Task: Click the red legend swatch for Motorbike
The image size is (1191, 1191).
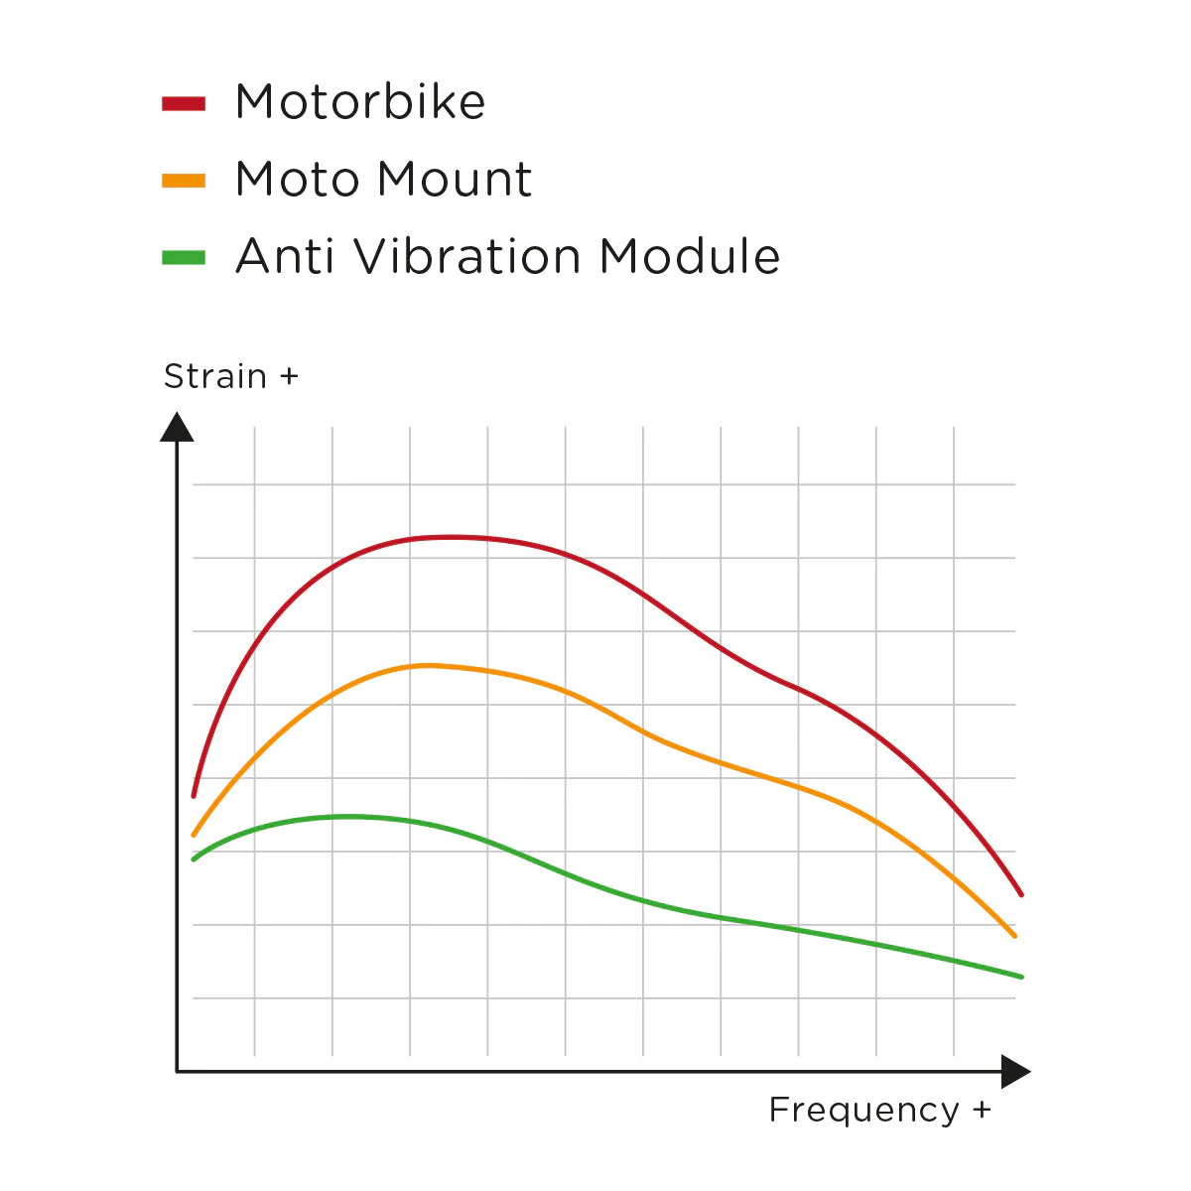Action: (x=184, y=103)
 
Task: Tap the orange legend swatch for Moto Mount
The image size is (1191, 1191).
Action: (x=184, y=181)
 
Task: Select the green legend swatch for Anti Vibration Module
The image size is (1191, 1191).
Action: (x=184, y=258)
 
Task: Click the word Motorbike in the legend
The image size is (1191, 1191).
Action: (x=360, y=102)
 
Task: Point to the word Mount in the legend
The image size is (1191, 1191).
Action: (x=455, y=180)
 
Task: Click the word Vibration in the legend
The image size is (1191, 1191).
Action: (x=467, y=257)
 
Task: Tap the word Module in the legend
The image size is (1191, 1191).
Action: (x=690, y=257)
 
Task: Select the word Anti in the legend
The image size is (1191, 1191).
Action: (x=283, y=257)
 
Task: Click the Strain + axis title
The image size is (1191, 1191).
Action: (x=230, y=377)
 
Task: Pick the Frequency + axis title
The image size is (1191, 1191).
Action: (x=879, y=1110)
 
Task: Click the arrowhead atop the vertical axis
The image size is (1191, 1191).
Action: (x=177, y=428)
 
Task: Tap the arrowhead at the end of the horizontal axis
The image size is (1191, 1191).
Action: (x=1015, y=1072)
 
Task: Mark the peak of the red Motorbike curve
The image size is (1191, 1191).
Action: (x=452, y=537)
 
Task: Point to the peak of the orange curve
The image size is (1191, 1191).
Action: (x=427, y=665)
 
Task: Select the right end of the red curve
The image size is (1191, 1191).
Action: (x=1021, y=894)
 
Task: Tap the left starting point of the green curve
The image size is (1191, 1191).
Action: (x=194, y=859)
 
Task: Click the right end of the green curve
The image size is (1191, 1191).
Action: (x=1021, y=977)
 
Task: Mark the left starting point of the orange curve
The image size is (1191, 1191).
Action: (x=194, y=835)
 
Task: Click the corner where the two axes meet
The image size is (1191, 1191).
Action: (x=177, y=1072)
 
